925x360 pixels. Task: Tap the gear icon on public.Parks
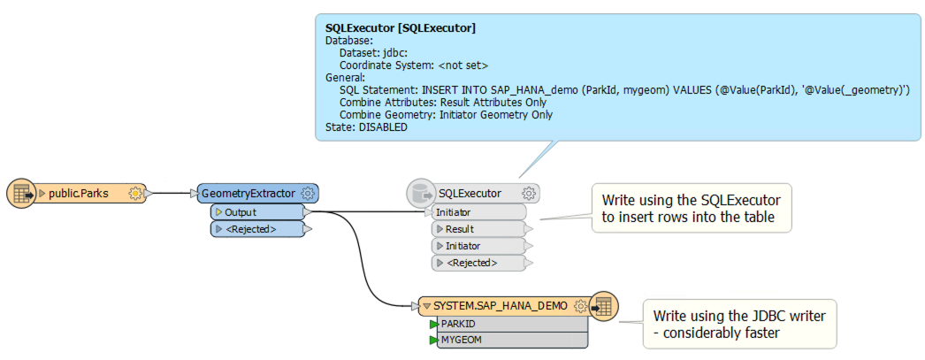click(x=135, y=193)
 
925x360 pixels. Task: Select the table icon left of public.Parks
click(x=22, y=193)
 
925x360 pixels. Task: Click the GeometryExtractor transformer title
click(x=248, y=193)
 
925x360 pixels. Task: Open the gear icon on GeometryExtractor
click(x=307, y=193)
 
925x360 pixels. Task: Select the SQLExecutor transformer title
click(x=470, y=193)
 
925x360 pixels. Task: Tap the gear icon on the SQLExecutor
click(x=529, y=193)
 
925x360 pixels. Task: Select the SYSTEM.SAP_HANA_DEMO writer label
click(x=501, y=306)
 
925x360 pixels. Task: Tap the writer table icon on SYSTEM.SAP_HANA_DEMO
click(x=603, y=306)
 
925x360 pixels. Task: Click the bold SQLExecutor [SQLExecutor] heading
click(x=401, y=27)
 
